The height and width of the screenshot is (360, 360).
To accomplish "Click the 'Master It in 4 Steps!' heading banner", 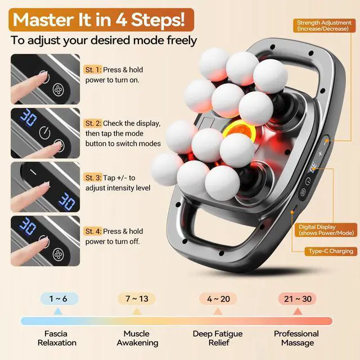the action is point(101,20).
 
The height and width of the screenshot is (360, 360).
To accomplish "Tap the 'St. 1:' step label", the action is point(93,70).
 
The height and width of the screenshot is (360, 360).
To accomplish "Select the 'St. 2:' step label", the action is point(93,123).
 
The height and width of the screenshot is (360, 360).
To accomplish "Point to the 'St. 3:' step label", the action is point(93,178).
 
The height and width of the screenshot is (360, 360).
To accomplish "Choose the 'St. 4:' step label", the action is point(93,231).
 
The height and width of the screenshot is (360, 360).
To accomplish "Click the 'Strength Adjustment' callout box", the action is point(324,25).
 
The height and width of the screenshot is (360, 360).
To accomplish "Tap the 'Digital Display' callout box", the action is point(326,230).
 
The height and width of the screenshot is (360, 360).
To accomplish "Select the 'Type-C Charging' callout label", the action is point(331,251).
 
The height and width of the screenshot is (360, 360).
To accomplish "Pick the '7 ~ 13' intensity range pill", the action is point(137,299).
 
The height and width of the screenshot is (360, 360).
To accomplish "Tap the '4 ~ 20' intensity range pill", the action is point(218,299).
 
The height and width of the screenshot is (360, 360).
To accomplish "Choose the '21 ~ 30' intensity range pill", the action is point(298,299).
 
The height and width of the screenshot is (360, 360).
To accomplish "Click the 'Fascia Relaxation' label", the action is point(57,338).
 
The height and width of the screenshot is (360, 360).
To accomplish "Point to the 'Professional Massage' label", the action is point(296,338).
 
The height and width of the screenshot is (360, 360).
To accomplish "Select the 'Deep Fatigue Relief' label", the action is point(218,338).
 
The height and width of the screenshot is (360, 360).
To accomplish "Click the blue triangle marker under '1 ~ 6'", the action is point(57,312).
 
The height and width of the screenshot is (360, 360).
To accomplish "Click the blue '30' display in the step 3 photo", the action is point(66,201).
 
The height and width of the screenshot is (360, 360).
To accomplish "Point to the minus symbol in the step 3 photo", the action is point(34,173).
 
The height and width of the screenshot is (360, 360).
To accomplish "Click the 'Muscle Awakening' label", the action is point(137,338).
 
